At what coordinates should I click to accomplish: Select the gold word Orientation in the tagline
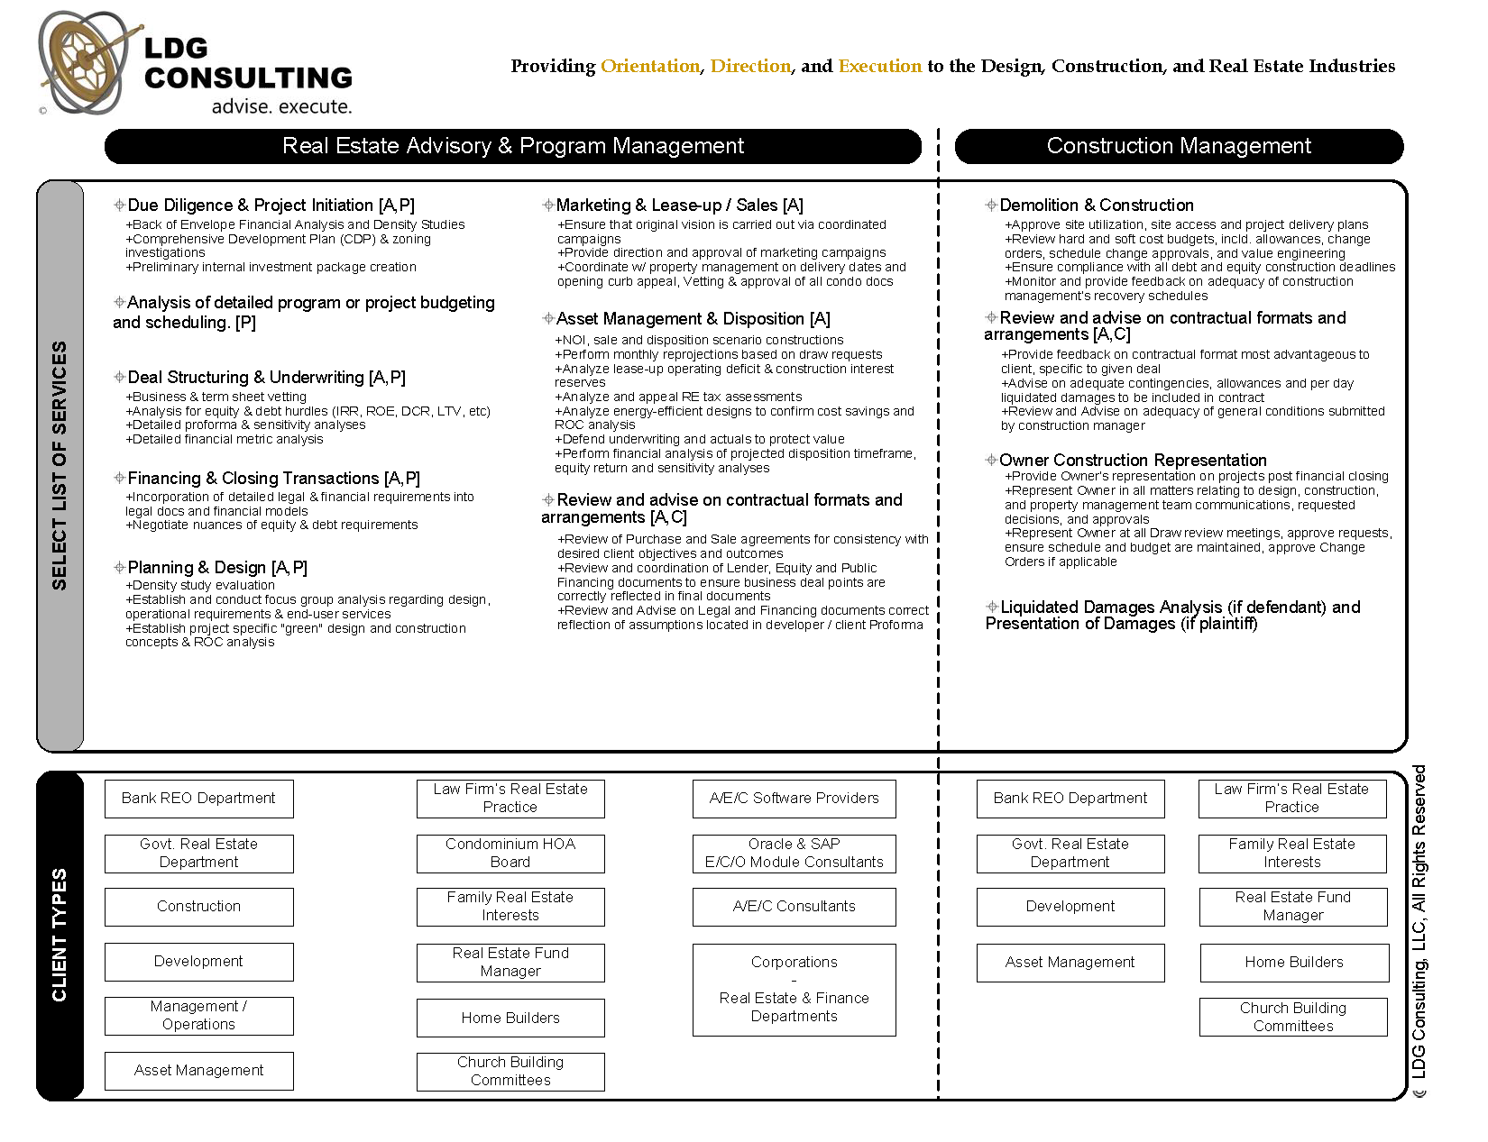coord(650,66)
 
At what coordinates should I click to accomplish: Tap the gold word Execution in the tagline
coord(879,66)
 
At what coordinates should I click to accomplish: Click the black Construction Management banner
coord(1179,146)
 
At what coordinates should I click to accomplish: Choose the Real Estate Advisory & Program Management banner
coord(512,146)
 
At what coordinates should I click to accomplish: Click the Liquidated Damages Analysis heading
coord(1172,616)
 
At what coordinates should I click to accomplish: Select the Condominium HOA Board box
coord(510,854)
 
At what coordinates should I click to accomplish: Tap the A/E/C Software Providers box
coord(794,799)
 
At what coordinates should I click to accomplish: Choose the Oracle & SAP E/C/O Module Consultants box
coord(794,854)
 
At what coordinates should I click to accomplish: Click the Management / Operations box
coord(198,1016)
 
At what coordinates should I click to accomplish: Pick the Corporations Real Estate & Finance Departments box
coord(794,990)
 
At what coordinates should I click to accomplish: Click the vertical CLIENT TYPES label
coord(60,935)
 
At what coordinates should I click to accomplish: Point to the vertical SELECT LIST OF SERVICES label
coord(60,465)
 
